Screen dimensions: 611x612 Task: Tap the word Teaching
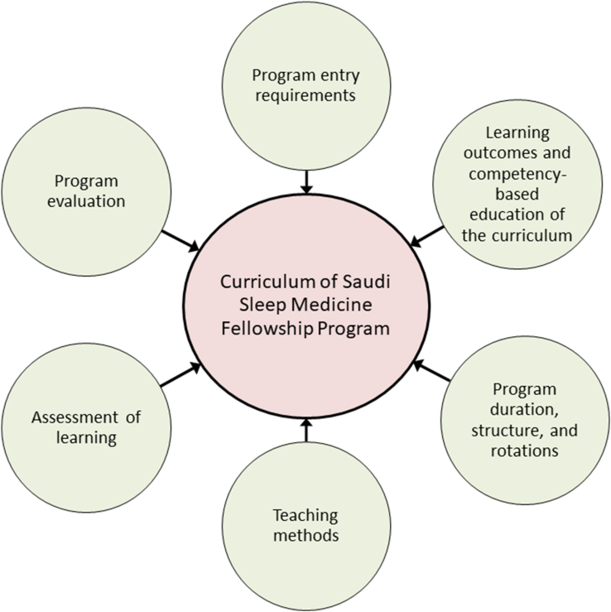tap(305, 515)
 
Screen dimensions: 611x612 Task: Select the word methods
tap(305, 535)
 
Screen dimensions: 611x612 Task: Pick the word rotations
tap(522, 451)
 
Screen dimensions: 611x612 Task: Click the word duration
tap(522, 410)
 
